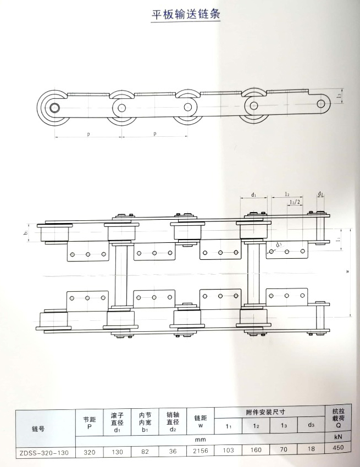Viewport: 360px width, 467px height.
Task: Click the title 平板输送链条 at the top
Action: (185, 15)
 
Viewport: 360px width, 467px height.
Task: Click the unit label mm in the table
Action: (201, 440)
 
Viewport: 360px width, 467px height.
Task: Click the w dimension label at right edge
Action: (347, 271)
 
